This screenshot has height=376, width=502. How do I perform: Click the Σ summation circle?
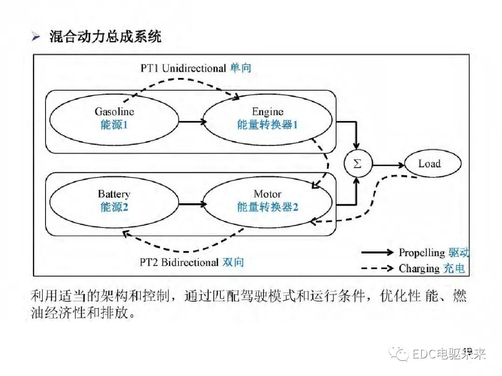(357, 164)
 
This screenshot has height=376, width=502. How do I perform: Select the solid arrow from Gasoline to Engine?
(192, 122)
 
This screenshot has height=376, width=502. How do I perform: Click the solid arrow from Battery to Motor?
(192, 204)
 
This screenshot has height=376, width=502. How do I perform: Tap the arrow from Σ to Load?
(388, 164)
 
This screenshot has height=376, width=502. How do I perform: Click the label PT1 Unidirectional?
(183, 68)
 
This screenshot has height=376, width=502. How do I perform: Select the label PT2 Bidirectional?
(179, 262)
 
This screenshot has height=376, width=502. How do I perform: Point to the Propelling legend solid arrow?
(377, 253)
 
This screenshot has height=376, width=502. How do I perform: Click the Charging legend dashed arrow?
(377, 268)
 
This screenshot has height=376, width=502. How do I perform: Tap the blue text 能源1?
(114, 125)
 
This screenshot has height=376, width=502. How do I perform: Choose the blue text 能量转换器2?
(268, 207)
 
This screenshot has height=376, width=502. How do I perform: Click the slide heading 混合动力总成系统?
(106, 37)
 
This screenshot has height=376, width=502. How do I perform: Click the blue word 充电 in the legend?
(455, 268)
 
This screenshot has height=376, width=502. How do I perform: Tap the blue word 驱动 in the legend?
(459, 253)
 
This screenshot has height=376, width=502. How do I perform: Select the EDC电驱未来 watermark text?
(449, 355)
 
